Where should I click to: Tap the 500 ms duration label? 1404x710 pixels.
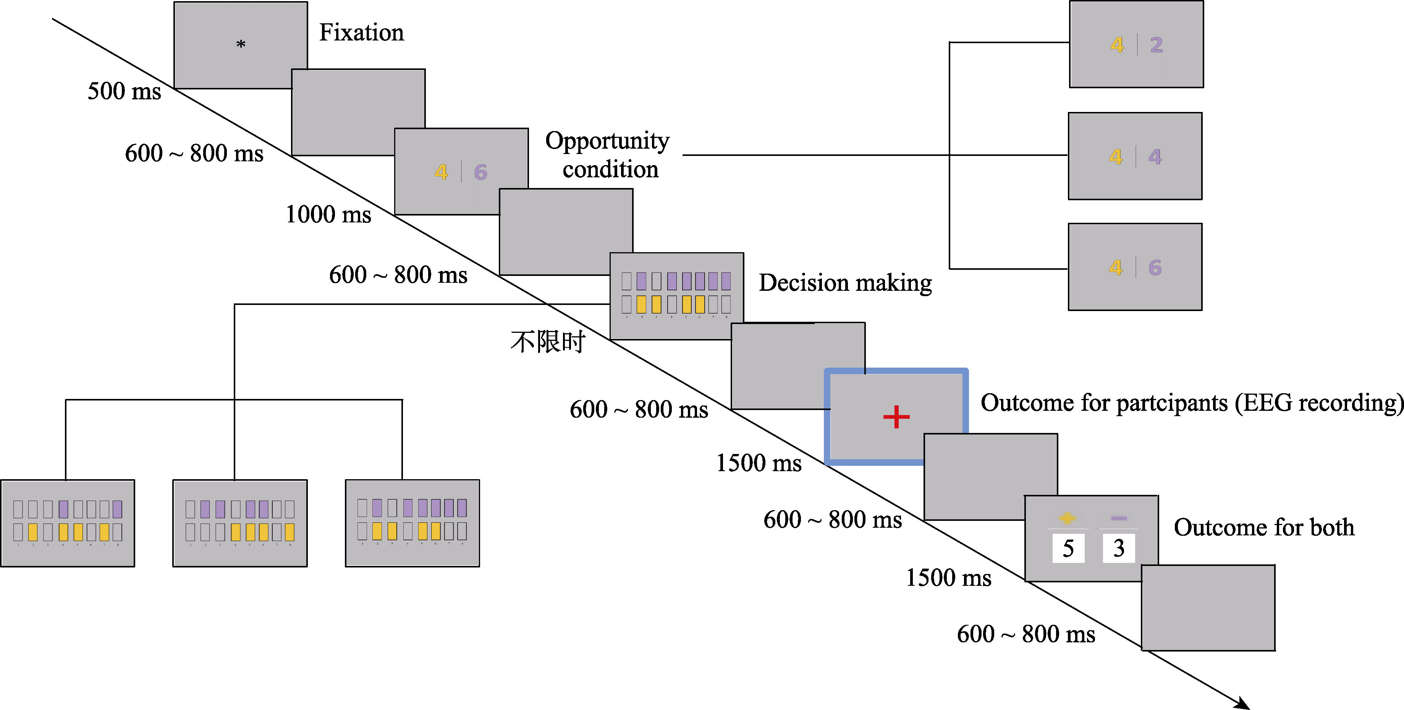124,91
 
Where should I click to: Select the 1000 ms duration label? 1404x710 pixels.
328,214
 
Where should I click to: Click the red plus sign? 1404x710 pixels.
896,417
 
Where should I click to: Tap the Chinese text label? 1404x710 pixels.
548,342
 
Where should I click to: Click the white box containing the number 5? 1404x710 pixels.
1068,548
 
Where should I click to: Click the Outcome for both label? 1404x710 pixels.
1263,527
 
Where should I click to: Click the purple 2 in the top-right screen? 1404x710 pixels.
1157,45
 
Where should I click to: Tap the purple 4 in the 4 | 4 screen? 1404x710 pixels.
1155,157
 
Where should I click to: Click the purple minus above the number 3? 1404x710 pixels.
1118,518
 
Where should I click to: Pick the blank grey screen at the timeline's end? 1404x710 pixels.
1208,608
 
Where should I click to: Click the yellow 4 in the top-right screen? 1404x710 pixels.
1117,45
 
